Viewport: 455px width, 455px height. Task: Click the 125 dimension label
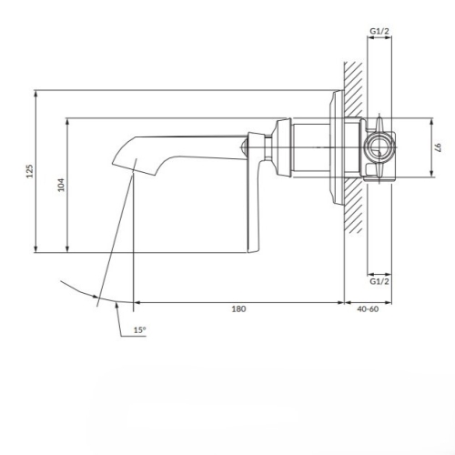(29, 171)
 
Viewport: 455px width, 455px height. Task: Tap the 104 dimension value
(61, 185)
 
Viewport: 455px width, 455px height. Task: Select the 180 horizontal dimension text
(238, 309)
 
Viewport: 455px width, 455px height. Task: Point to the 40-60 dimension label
(368, 309)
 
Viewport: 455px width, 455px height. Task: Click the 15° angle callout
(140, 330)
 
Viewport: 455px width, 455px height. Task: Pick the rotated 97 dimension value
(439, 147)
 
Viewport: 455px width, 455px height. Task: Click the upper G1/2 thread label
(379, 31)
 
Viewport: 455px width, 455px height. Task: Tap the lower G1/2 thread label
(379, 281)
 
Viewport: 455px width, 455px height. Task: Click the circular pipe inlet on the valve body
(379, 147)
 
